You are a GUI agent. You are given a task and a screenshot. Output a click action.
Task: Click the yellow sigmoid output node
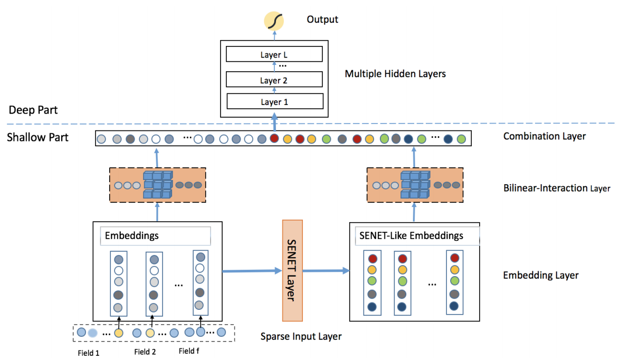click(x=274, y=21)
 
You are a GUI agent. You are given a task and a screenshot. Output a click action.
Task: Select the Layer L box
click(x=274, y=54)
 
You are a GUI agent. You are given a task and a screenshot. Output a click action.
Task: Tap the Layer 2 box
click(x=274, y=80)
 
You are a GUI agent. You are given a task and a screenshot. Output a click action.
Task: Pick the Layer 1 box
click(x=275, y=101)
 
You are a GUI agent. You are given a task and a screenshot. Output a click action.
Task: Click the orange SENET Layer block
click(x=292, y=271)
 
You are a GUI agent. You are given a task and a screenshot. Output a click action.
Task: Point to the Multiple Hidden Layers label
click(x=395, y=74)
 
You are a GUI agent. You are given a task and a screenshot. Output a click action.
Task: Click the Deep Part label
click(x=33, y=110)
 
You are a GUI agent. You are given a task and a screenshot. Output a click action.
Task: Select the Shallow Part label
click(x=37, y=137)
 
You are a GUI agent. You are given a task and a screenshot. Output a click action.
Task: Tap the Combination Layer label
click(x=545, y=137)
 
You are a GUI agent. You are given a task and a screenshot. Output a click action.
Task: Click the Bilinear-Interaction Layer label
click(x=557, y=188)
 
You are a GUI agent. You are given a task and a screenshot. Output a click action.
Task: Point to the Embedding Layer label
click(x=540, y=276)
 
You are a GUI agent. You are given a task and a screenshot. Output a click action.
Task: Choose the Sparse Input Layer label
click(x=301, y=337)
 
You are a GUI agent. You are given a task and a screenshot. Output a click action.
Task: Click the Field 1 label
click(x=89, y=353)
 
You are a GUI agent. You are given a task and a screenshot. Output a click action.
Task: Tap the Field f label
click(x=189, y=351)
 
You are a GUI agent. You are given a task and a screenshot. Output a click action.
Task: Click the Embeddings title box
click(x=155, y=236)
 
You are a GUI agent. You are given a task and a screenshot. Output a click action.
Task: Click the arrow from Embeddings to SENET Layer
click(x=252, y=271)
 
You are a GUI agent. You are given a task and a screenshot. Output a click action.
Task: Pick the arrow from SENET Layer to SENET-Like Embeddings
click(x=326, y=271)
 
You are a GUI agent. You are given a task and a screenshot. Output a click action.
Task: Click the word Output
click(x=322, y=20)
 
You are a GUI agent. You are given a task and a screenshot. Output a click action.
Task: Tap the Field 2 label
click(x=145, y=352)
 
